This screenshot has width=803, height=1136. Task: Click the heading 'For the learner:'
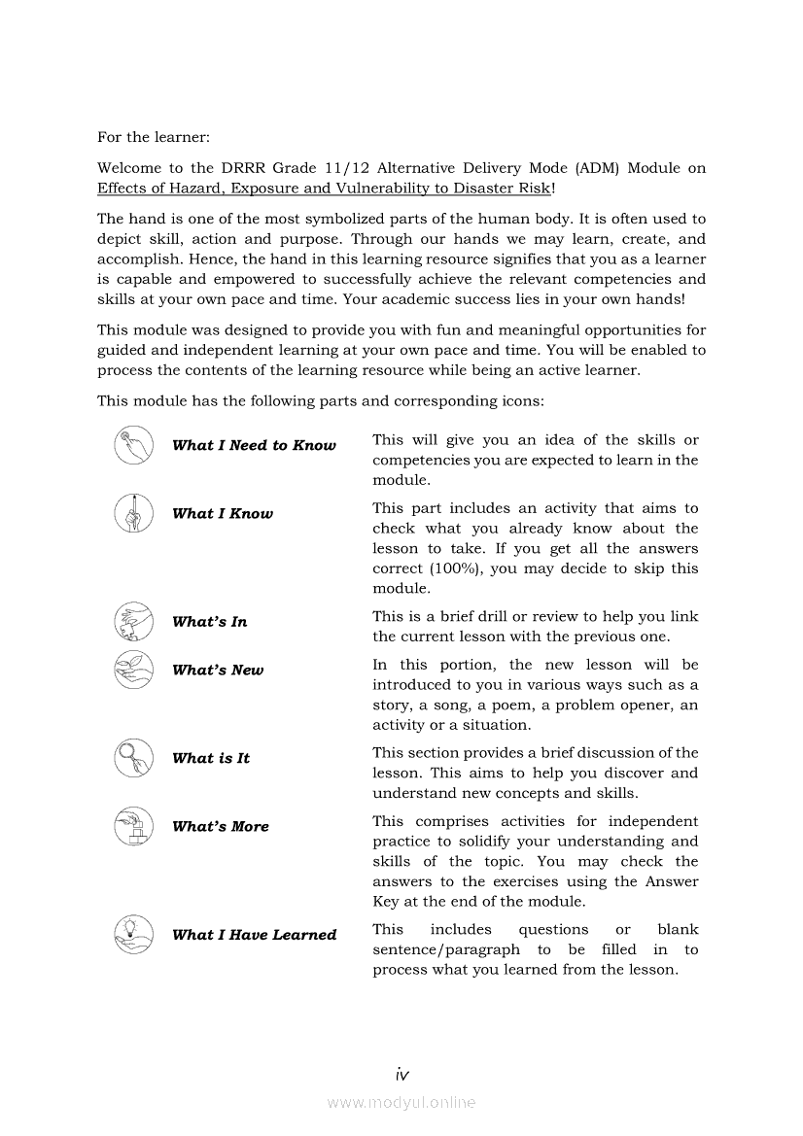click(154, 138)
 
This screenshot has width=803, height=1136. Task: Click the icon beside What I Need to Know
click(133, 445)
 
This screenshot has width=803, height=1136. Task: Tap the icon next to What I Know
click(133, 513)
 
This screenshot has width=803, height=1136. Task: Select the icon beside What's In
click(133, 621)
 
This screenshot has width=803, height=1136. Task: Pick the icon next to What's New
click(133, 670)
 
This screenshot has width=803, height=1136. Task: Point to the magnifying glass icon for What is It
click(133, 758)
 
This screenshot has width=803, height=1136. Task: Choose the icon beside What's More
click(133, 826)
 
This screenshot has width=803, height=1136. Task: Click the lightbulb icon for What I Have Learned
click(133, 934)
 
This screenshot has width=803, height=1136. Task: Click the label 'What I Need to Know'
click(254, 445)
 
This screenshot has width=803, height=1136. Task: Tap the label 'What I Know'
click(223, 513)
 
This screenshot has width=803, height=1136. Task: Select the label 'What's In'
click(209, 622)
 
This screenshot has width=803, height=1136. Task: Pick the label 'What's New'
click(218, 671)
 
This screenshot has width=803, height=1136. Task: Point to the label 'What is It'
click(211, 758)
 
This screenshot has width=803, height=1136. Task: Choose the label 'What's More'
click(221, 827)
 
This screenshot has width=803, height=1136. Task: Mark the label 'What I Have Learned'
click(254, 935)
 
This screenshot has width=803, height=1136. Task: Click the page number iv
click(401, 1074)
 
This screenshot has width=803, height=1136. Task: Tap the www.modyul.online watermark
click(401, 1102)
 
